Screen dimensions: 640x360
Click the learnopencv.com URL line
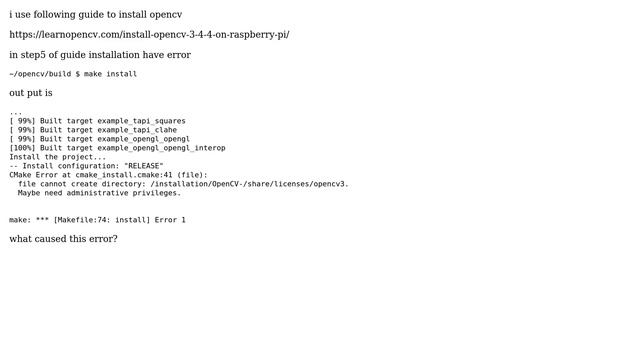tap(149, 34)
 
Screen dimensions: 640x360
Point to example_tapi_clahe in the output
tap(137, 130)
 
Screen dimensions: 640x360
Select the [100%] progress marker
tap(23, 148)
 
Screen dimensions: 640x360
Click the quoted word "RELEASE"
tap(143, 166)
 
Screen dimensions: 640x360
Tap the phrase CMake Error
tap(34, 175)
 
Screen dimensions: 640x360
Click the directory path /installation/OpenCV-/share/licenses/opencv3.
tap(249, 184)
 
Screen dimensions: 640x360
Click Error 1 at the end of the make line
tap(170, 220)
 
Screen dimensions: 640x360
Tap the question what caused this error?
tap(63, 239)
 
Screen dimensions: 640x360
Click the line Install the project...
tap(57, 157)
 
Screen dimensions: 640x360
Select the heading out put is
tap(31, 93)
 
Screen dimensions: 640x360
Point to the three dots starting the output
tap(15, 112)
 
